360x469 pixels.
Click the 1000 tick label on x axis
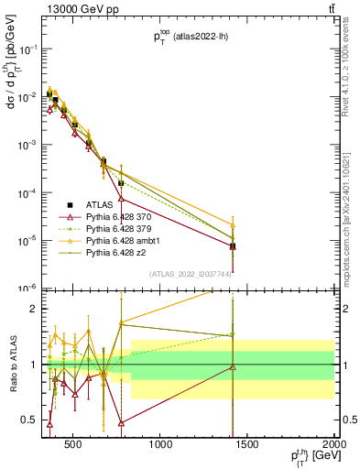pos(161,446)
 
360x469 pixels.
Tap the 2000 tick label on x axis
pos(333,446)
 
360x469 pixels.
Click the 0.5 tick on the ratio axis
pos(29,420)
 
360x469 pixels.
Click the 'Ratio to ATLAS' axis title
pos(12,365)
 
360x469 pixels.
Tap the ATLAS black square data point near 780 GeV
pos(121,182)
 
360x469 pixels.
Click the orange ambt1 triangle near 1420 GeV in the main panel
pos(233,224)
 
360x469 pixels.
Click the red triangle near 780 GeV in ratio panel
pos(121,422)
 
